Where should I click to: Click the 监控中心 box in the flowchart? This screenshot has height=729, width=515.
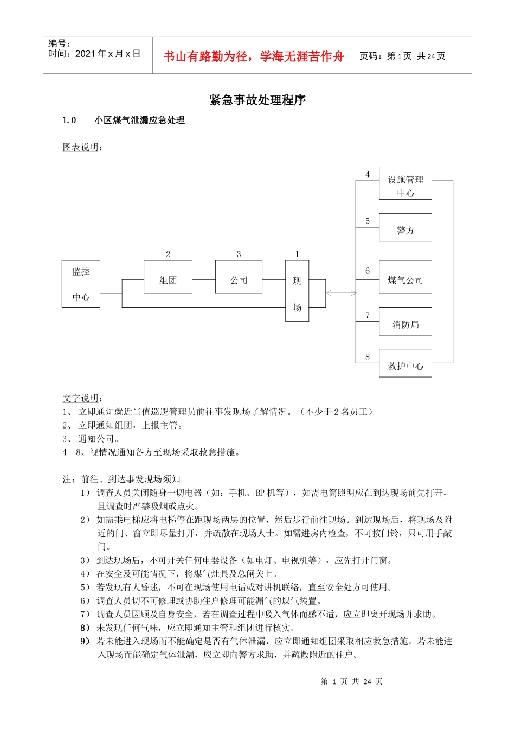[x=81, y=284]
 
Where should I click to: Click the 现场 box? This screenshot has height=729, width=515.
[x=297, y=291]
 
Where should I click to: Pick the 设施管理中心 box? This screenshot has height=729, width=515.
[x=405, y=183]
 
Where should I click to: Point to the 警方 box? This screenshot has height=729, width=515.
[x=405, y=227]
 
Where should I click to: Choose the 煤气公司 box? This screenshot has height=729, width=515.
[x=405, y=277]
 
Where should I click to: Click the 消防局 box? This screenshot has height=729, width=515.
[x=405, y=322]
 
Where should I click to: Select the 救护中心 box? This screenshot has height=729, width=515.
[x=405, y=363]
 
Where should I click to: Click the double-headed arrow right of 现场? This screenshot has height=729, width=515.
[x=341, y=293]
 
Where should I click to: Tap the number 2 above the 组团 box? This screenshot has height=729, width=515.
[x=168, y=254]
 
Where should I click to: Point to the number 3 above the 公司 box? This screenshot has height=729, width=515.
[x=239, y=254]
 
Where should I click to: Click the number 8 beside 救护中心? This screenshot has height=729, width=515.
[x=368, y=357]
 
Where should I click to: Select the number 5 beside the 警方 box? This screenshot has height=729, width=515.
[x=368, y=221]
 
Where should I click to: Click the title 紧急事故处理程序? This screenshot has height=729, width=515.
[x=257, y=100]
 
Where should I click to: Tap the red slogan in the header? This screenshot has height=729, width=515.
[x=254, y=56]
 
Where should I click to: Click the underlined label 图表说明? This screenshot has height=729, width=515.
[x=81, y=147]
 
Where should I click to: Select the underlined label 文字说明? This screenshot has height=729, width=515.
[x=81, y=398]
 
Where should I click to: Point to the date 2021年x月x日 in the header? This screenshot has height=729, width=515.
[x=108, y=54]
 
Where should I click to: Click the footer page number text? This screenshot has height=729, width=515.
[x=351, y=681]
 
